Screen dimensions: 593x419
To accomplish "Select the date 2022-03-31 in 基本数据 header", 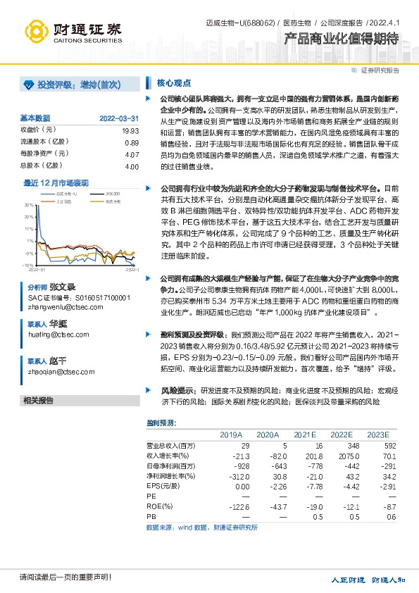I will [x=119, y=118].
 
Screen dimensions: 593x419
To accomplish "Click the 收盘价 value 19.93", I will [x=130, y=130].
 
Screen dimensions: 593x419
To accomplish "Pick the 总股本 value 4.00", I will [x=130, y=166].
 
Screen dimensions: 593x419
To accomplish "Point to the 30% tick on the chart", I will [x=30, y=205].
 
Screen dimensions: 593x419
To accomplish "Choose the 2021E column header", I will [x=305, y=434].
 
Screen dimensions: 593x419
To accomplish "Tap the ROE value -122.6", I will [x=239, y=506].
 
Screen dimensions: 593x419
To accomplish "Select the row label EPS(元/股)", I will [x=163, y=486].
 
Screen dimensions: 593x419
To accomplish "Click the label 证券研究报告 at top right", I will [x=380, y=70].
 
